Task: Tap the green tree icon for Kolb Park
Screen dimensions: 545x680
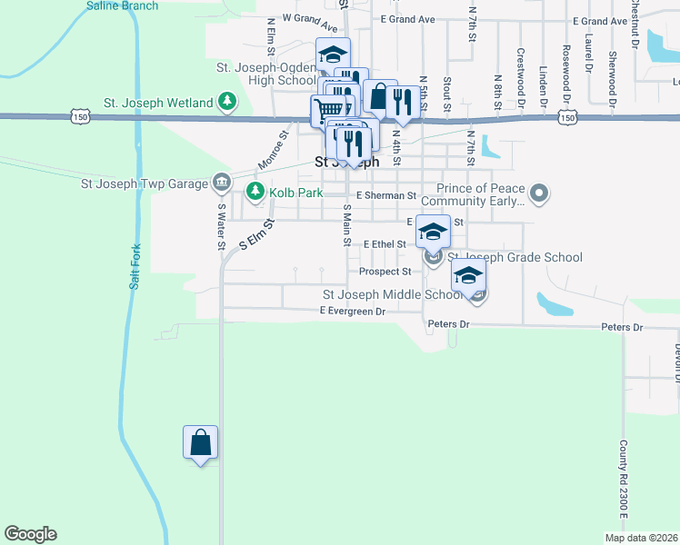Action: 254,193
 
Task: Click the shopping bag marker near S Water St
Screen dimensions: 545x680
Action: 201,444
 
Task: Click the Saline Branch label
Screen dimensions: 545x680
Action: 122,5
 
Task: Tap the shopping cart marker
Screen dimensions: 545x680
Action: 328,112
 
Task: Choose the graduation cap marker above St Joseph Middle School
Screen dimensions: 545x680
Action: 469,275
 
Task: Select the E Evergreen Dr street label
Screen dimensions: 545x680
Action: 353,312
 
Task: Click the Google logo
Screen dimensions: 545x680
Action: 30,534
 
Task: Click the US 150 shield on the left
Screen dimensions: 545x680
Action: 80,117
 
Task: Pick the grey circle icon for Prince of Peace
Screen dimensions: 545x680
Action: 540,193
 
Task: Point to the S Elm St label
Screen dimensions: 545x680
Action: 256,234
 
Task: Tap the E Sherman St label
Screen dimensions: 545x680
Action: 385,195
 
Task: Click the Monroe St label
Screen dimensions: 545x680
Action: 272,149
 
